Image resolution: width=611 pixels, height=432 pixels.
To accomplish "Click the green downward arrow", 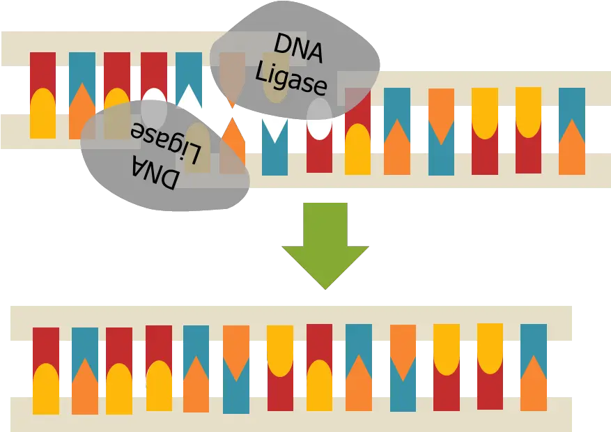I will [324, 245].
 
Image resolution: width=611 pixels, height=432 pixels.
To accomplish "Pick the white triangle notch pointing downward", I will [275, 130].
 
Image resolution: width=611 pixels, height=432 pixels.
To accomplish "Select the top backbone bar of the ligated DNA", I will [289, 314].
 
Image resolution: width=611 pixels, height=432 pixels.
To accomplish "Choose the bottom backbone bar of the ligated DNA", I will [289, 412].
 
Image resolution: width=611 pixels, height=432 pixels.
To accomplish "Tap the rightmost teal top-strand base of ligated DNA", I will [534, 341].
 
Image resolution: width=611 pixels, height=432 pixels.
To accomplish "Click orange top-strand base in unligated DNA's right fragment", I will [441, 108].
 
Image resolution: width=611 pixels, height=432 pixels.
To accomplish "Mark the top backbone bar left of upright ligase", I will [105, 40].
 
